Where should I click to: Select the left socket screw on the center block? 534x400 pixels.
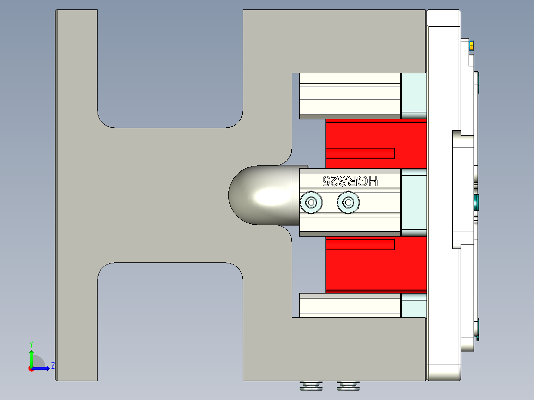pyautogui.click(x=312, y=202)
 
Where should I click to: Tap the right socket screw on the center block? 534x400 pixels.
pyautogui.click(x=348, y=202)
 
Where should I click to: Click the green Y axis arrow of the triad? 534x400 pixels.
pyautogui.click(x=31, y=356)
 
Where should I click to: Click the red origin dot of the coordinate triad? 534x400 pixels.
pyautogui.click(x=31, y=368)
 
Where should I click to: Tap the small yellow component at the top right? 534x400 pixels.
pyautogui.click(x=472, y=46)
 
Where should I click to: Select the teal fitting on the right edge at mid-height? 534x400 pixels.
pyautogui.click(x=477, y=202)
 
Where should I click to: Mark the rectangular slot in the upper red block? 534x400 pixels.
pyautogui.click(x=360, y=153)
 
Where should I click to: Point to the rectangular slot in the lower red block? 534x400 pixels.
pyautogui.click(x=360, y=244)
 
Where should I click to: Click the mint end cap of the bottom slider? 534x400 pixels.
pyautogui.click(x=413, y=306)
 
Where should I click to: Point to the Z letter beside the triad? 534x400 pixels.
pyautogui.click(x=53, y=366)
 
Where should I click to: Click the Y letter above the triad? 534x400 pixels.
pyautogui.click(x=31, y=344)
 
